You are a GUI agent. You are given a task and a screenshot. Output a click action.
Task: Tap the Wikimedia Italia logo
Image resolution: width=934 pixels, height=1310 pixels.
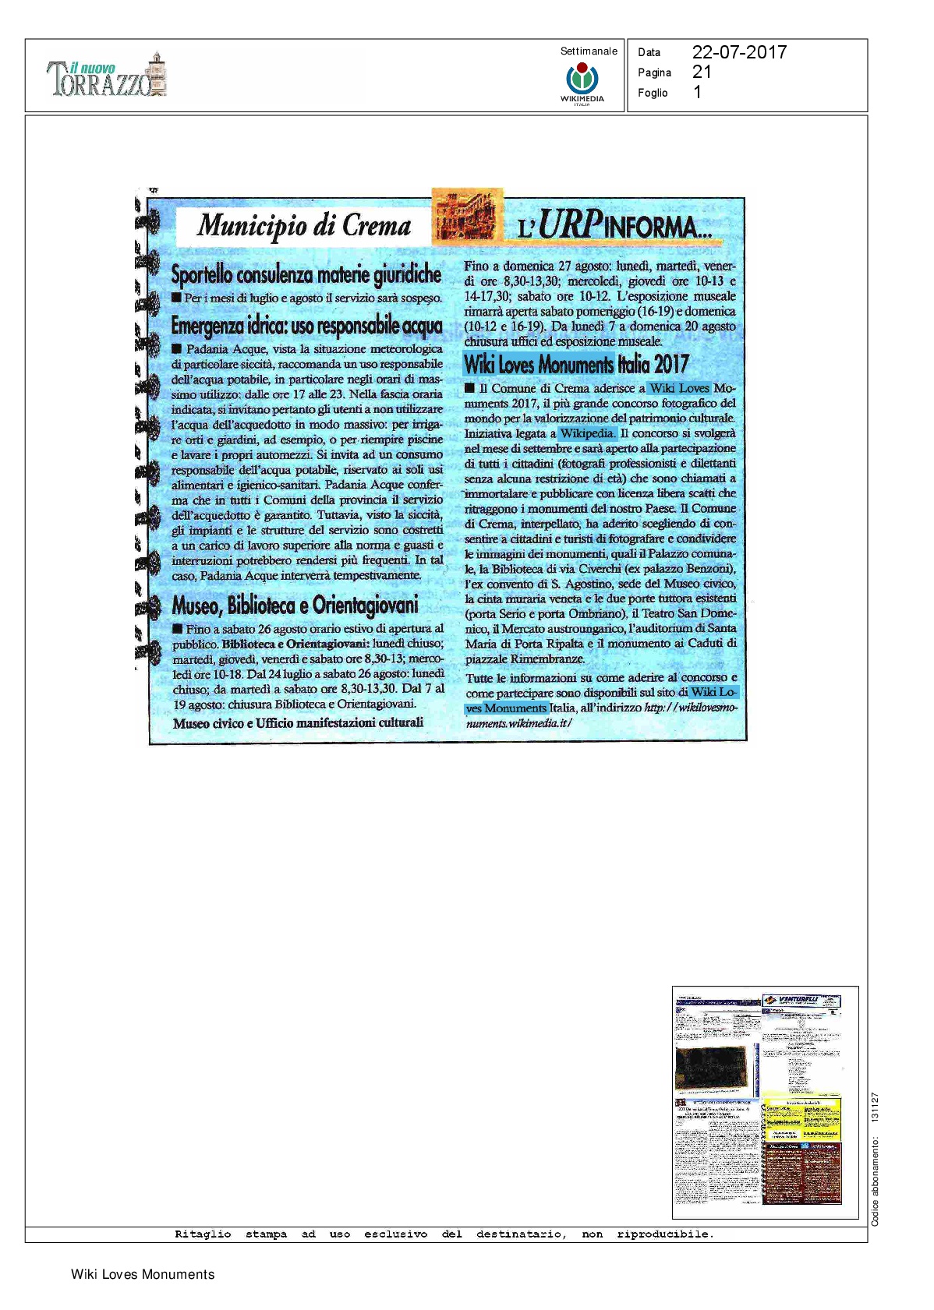pyautogui.click(x=582, y=82)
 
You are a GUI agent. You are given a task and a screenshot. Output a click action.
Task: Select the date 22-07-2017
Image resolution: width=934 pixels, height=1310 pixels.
pyautogui.click(x=739, y=52)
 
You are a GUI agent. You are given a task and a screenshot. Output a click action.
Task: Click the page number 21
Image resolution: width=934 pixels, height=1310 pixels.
pyautogui.click(x=702, y=72)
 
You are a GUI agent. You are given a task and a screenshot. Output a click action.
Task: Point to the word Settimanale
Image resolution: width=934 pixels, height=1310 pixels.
pyautogui.click(x=589, y=51)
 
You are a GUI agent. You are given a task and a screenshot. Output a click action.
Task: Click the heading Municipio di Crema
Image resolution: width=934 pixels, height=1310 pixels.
pyautogui.click(x=304, y=225)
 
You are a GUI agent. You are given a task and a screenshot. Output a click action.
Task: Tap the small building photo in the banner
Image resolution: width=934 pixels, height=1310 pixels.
pyautogui.click(x=467, y=217)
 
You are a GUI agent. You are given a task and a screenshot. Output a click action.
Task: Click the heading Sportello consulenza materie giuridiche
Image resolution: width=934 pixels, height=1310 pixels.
pyautogui.click(x=306, y=274)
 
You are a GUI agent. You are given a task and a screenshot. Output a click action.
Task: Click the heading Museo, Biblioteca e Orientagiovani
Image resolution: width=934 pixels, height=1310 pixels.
pyautogui.click(x=295, y=605)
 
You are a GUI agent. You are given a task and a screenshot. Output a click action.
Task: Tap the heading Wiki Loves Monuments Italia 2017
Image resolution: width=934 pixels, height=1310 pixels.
pyautogui.click(x=576, y=364)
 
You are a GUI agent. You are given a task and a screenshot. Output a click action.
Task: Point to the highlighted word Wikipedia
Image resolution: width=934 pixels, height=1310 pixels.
pyautogui.click(x=587, y=433)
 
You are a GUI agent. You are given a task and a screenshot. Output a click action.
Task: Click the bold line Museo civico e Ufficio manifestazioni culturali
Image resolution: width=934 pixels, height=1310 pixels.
pyautogui.click(x=298, y=723)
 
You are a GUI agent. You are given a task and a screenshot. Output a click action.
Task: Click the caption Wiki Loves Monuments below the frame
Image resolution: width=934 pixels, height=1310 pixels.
pyautogui.click(x=143, y=1274)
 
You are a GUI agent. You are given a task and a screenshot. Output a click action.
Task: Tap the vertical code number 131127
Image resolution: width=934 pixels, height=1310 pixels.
pyautogui.click(x=875, y=1107)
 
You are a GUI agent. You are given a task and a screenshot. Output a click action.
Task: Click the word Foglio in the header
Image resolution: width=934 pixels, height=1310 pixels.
pyautogui.click(x=653, y=93)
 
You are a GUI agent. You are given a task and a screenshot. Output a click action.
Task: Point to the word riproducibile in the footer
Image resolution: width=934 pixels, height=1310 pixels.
pyautogui.click(x=664, y=1234)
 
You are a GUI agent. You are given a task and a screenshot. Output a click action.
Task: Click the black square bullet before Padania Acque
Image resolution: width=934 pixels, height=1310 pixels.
pyautogui.click(x=177, y=349)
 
